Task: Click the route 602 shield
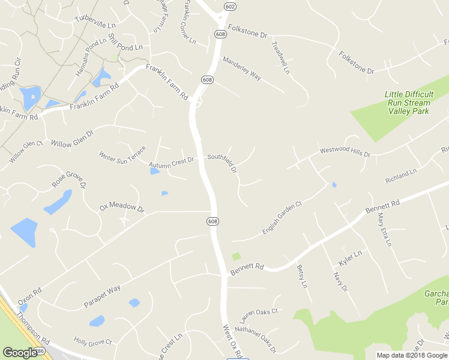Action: click(x=229, y=6)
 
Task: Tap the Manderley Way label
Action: click(x=242, y=68)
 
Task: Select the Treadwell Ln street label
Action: click(x=280, y=58)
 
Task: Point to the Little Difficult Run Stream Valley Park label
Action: click(x=409, y=103)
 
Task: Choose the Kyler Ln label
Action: click(x=350, y=258)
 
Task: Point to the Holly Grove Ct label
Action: click(x=92, y=343)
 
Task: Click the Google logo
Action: click(x=20, y=353)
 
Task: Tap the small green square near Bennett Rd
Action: click(x=236, y=256)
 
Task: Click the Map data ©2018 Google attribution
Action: click(x=412, y=355)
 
